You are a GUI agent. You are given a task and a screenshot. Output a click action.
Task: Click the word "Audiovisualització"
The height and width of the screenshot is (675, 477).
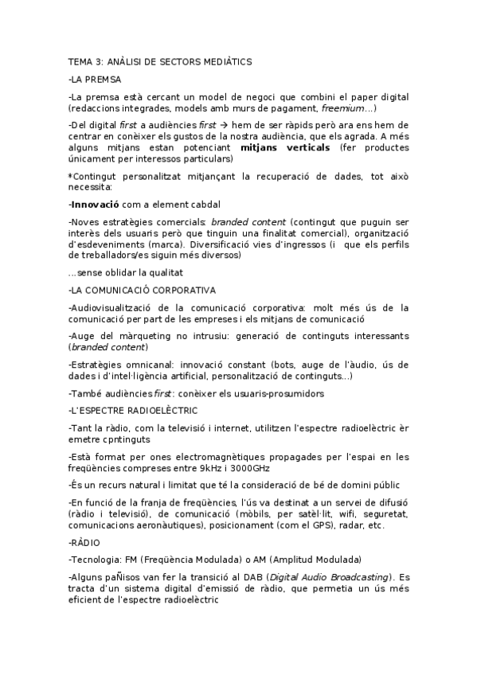pos(115,306)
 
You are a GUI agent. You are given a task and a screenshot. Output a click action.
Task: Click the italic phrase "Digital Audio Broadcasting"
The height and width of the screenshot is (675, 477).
pos(327,576)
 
